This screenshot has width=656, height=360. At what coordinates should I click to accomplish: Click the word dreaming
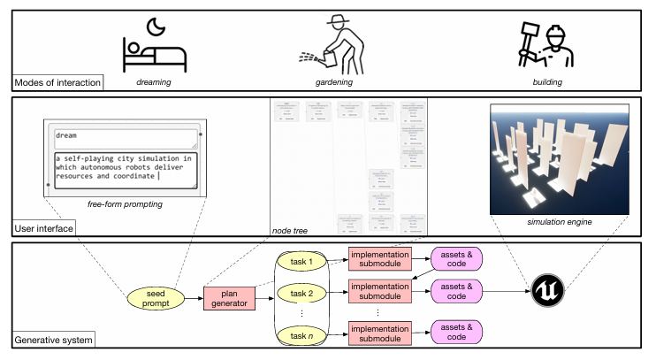click(x=154, y=81)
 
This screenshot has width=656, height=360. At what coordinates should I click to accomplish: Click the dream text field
click(x=124, y=137)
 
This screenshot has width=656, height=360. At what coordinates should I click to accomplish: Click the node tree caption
click(x=291, y=230)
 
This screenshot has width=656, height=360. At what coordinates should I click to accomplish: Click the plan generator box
click(x=229, y=299)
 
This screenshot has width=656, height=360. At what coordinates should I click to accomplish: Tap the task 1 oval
click(x=302, y=261)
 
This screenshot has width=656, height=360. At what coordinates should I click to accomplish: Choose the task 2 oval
click(x=302, y=293)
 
